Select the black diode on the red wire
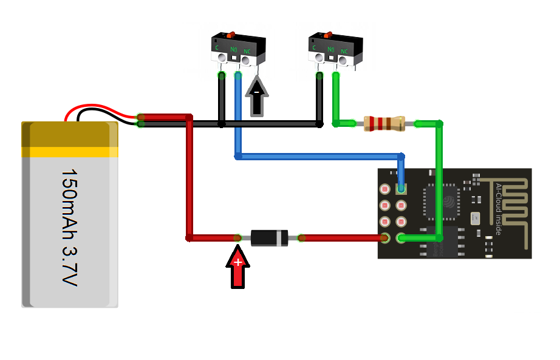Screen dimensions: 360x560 click(x=269, y=238)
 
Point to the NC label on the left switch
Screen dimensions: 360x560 click(x=247, y=51)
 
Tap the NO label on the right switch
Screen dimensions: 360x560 click(x=331, y=49)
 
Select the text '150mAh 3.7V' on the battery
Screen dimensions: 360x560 click(x=69, y=228)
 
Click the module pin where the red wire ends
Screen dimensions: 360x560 click(x=384, y=238)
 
